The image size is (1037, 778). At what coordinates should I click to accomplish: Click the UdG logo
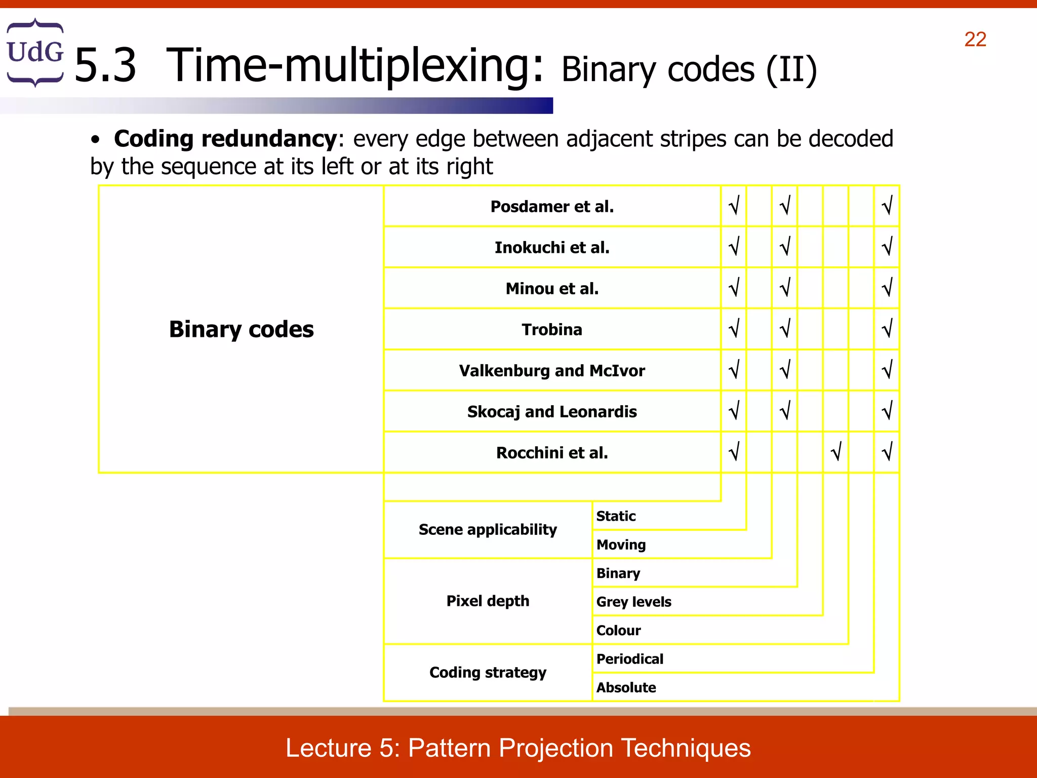point(35,52)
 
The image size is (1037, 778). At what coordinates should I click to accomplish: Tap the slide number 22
point(975,40)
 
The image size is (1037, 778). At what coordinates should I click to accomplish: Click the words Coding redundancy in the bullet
point(225,139)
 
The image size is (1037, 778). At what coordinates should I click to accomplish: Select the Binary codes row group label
point(241,329)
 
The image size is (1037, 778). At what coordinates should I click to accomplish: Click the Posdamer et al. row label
point(552,207)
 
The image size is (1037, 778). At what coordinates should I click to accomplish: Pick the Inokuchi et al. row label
point(552,248)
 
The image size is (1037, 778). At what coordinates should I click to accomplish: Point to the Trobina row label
point(552,330)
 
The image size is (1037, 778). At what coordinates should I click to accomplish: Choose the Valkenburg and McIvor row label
point(552,371)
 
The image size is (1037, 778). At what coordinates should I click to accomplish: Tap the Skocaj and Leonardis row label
point(552,412)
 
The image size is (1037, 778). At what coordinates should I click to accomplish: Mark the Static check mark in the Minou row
point(734,288)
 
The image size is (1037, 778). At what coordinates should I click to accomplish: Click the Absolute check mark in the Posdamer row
point(887,206)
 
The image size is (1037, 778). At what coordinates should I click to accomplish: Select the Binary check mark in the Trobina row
point(785,329)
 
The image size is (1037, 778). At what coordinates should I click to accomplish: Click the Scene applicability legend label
point(488,530)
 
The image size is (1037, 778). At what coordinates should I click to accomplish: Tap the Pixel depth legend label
point(488,601)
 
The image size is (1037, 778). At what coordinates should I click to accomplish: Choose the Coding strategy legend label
point(488,673)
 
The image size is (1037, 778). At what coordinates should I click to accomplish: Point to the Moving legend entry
point(621,545)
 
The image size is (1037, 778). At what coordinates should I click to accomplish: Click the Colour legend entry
point(618,631)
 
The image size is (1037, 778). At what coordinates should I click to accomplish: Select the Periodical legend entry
point(629,659)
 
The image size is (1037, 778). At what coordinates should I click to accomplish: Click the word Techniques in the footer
point(686,748)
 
